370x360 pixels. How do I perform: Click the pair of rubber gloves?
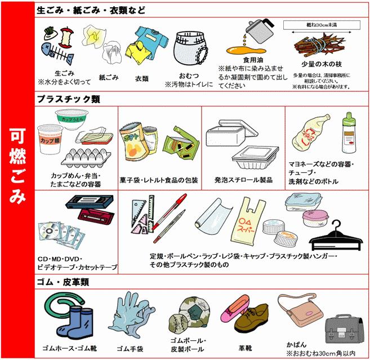[x=130, y=318]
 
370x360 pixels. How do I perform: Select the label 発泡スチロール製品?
[x=243, y=180]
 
